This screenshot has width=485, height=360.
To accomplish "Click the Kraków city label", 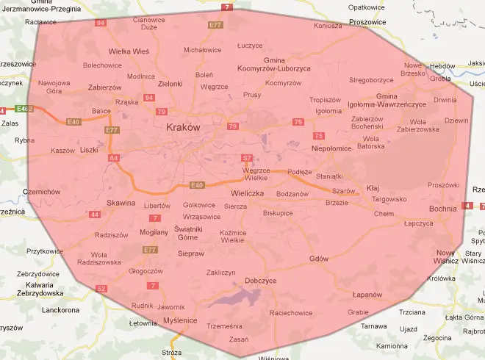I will click(x=184, y=127).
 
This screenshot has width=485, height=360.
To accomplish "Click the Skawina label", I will click(x=121, y=202).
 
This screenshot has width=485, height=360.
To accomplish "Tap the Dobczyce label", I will click(x=261, y=281).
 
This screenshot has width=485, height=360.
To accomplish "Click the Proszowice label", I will click(x=367, y=22).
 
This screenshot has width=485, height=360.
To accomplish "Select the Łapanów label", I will click(x=367, y=295).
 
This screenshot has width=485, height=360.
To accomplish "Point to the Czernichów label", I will click(x=41, y=191).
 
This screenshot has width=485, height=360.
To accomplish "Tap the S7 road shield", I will click(x=248, y=158).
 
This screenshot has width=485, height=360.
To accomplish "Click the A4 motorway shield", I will click(x=113, y=157).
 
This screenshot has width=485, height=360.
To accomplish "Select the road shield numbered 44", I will click(x=95, y=215).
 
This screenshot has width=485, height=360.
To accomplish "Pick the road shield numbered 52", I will click(x=101, y=289).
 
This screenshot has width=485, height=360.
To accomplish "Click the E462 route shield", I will click(x=25, y=109).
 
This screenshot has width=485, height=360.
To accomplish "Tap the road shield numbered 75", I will click(x=318, y=136).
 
